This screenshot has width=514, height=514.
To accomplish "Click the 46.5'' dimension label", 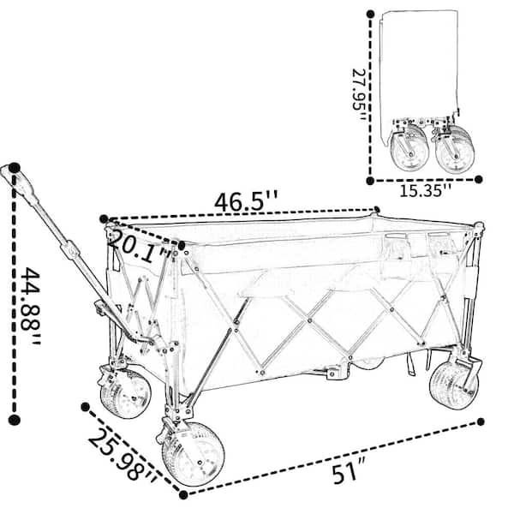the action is [x=246, y=201].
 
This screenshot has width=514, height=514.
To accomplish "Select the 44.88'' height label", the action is [x=31, y=306].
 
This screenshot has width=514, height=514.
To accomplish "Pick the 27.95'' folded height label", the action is [x=359, y=94].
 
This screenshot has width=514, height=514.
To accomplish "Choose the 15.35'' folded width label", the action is [x=426, y=190].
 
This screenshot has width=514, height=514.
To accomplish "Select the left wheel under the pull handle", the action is [x=126, y=394].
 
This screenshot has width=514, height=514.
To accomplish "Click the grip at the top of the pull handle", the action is [x=21, y=182].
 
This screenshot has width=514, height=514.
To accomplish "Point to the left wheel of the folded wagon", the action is [x=409, y=148].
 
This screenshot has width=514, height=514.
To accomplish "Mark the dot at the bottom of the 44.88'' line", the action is [x=14, y=419].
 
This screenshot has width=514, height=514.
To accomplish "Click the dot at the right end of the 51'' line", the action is [x=481, y=421].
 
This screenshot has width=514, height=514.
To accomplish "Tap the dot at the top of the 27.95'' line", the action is [x=370, y=14].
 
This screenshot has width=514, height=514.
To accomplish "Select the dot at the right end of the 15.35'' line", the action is [x=479, y=179].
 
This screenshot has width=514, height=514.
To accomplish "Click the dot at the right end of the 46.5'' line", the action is [x=377, y=210].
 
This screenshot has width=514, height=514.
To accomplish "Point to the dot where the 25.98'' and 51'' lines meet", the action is [x=183, y=494].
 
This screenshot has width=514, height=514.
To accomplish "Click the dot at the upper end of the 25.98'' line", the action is [x=85, y=407].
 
